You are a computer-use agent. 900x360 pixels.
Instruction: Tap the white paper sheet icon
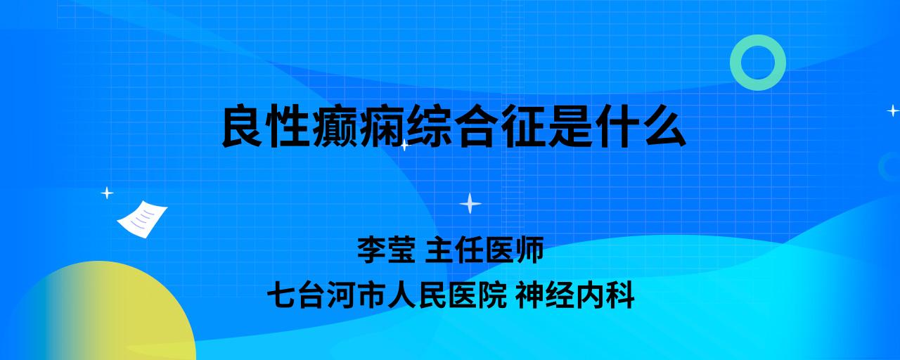coord(142,219)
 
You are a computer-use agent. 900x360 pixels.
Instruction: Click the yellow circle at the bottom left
coord(101,314)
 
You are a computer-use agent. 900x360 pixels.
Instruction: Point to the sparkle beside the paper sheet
coord(107,193)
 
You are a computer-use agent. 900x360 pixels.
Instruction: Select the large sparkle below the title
coord(470,203)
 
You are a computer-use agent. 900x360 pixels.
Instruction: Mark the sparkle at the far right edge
coord(893,110)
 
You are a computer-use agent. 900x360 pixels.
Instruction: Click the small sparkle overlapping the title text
coord(404,145)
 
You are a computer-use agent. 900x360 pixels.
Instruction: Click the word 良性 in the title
coord(266,126)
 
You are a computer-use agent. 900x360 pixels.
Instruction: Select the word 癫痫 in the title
coord(359,126)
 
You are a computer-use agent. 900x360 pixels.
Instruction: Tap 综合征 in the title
coord(475,126)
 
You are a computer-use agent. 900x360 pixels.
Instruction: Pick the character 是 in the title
coord(569,126)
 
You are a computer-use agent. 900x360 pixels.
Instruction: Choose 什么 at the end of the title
coord(640,126)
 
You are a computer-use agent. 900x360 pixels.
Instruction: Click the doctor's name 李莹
coord(386,250)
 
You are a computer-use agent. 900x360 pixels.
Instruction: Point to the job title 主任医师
coord(484,250)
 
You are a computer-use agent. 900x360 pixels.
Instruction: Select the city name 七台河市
coord(326,295)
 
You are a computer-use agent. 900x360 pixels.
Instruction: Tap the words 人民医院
coord(446,295)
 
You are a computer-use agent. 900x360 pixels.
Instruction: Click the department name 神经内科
coord(575,295)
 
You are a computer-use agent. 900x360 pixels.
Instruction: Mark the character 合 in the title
coord(476,126)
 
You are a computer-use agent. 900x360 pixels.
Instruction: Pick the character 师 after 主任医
coord(529,250)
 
